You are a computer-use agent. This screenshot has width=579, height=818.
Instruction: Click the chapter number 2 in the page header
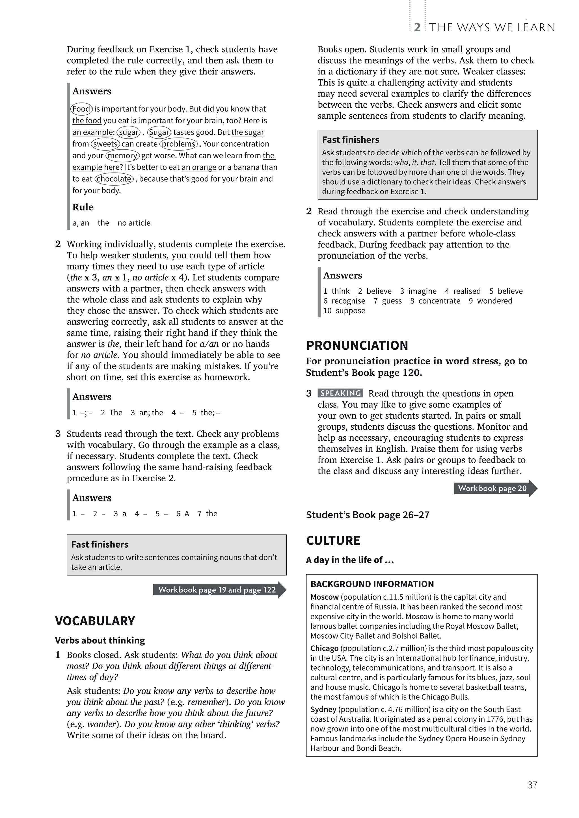pyautogui.click(x=417, y=27)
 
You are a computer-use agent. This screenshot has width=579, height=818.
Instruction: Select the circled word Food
pyautogui.click(x=81, y=109)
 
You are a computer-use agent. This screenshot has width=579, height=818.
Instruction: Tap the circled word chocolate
pyautogui.click(x=114, y=179)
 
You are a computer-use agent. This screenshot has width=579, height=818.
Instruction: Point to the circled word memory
pyautogui.click(x=122, y=155)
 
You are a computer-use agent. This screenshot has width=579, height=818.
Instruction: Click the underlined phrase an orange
pyautogui.click(x=199, y=167)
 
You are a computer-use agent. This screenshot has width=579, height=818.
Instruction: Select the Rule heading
pyautogui.click(x=83, y=207)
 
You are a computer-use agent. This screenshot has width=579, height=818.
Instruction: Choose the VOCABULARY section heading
pyautogui.click(x=95, y=621)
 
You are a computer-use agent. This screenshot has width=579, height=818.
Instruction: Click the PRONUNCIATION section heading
pyautogui.click(x=357, y=345)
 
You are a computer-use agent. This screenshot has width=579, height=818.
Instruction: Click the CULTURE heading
pyautogui.click(x=333, y=540)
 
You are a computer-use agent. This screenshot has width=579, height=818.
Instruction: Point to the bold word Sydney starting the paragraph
pyautogui.click(x=323, y=709)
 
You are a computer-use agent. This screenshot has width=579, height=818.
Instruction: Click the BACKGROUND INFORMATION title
pyautogui.click(x=372, y=584)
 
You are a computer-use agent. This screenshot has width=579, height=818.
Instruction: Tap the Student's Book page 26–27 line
pyautogui.click(x=367, y=515)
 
